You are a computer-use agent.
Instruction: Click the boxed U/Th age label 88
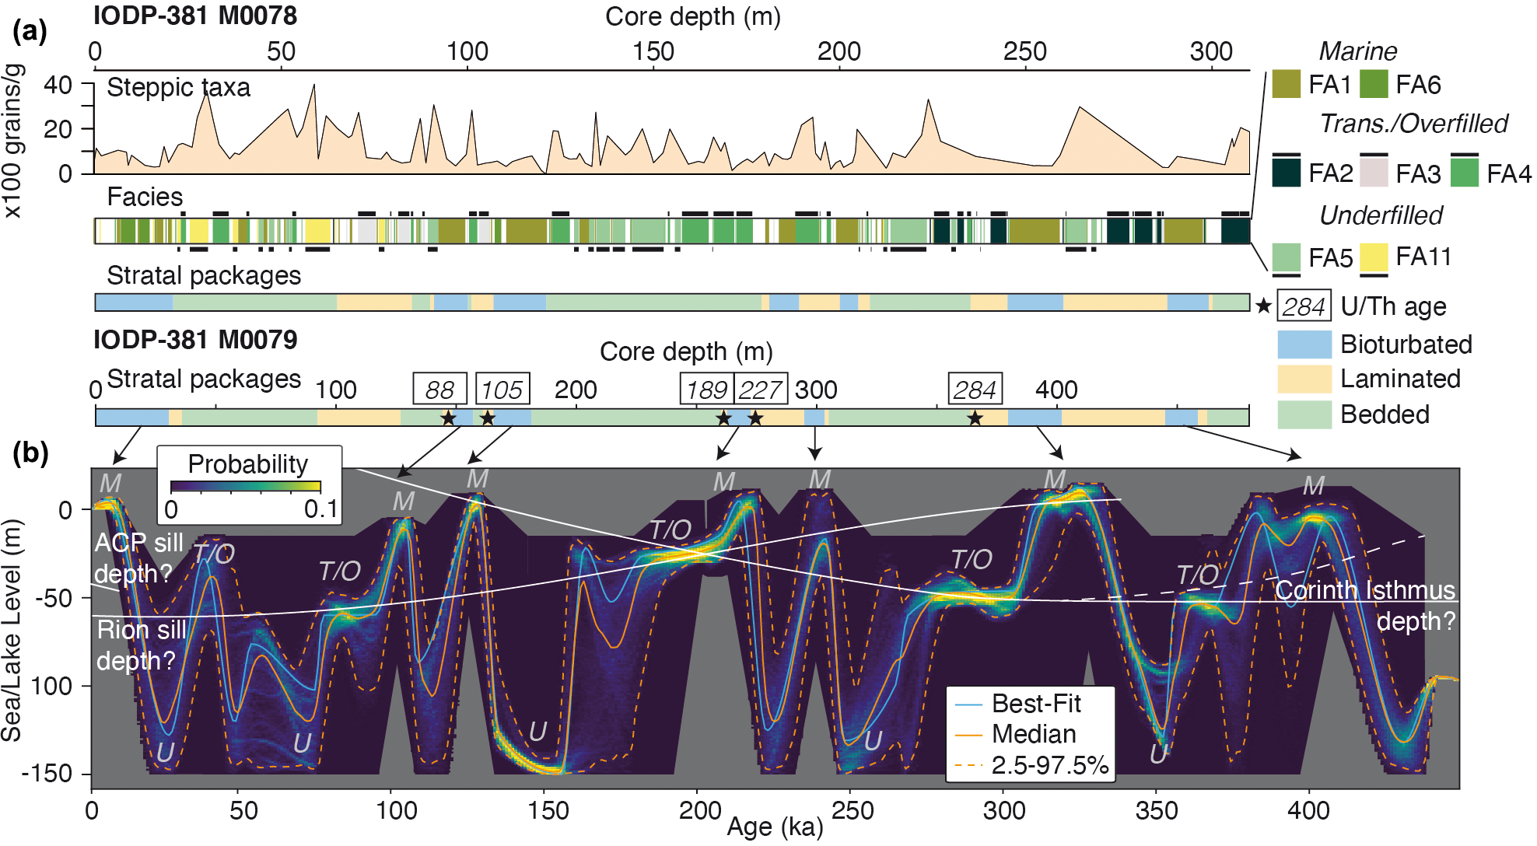tap(439, 389)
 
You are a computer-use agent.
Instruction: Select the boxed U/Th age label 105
tap(502, 389)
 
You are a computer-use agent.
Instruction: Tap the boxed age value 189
tap(706, 389)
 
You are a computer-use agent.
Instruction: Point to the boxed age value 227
tap(760, 389)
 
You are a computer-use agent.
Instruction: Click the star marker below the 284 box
tap(975, 418)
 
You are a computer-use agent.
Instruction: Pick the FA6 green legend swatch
tap(1374, 84)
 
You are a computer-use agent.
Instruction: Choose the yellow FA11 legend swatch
tap(1374, 257)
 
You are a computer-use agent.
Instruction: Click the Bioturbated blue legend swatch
tap(1304, 344)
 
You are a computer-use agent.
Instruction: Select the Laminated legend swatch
tap(1304, 379)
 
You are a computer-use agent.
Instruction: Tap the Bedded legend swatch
tap(1304, 414)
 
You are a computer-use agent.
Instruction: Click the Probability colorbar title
tap(248, 464)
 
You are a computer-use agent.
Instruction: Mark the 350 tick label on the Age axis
tap(1156, 811)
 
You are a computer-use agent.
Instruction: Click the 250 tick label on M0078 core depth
tap(1024, 51)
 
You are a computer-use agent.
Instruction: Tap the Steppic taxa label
tap(178, 87)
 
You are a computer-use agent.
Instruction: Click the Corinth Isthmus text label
tap(1364, 590)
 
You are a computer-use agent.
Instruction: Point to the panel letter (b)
tap(30, 453)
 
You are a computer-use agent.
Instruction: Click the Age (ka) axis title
tap(775, 827)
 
